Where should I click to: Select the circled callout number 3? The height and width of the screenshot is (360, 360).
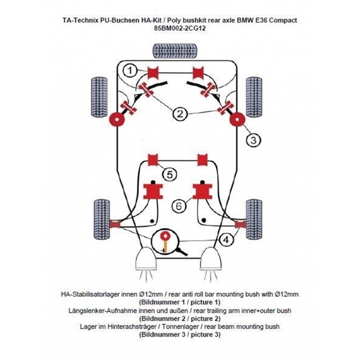coord(254,140)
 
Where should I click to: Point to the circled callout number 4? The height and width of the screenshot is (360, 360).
coord(225,241)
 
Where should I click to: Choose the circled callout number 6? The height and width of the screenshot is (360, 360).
coord(178,206)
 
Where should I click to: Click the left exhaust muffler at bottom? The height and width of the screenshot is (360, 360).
coord(146,262)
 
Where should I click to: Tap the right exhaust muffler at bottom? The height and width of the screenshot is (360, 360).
coord(212,262)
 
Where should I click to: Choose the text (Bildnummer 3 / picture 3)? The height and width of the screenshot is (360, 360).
coord(179,334)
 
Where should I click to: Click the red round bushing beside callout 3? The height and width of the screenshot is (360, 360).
coord(236,119)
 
